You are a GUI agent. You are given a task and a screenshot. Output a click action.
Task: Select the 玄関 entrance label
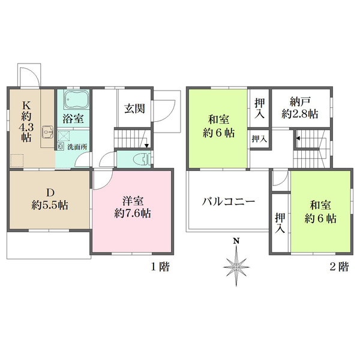click(134, 109)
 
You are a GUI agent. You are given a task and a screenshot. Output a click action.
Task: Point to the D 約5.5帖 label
click(50, 199)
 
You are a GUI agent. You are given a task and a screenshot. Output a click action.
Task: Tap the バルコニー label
click(229, 202)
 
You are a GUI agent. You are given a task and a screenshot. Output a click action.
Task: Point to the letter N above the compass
click(237, 241)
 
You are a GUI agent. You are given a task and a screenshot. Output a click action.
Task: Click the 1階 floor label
click(158, 266)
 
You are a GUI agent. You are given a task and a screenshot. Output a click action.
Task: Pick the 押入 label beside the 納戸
click(259, 107)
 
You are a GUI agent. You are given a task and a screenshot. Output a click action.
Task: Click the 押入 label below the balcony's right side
click(280, 223)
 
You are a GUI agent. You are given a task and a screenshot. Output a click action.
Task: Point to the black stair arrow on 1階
click(146, 145)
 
